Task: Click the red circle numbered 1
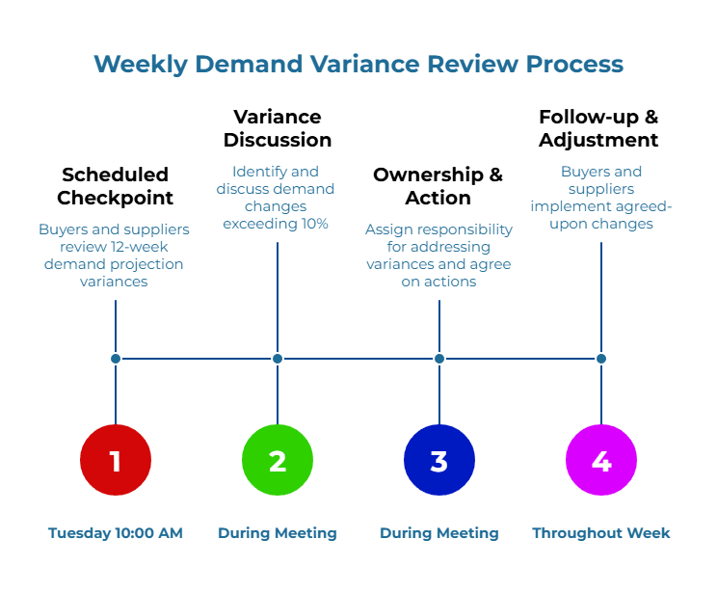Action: [116, 461]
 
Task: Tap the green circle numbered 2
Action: [278, 461]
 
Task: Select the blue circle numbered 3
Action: [439, 461]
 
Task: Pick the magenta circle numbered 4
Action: [601, 461]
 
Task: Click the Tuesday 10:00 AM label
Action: [116, 532]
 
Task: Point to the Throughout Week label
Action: [601, 532]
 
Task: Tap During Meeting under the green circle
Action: [278, 532]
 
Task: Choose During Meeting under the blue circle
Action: [439, 532]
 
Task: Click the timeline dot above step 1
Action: [116, 359]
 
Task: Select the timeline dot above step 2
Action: [278, 359]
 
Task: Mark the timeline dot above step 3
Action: [439, 359]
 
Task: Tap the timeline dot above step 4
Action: [601, 359]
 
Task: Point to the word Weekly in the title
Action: [140, 65]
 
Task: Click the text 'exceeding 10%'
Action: [276, 224]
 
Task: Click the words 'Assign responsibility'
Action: [438, 229]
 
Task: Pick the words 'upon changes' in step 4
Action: [601, 224]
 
